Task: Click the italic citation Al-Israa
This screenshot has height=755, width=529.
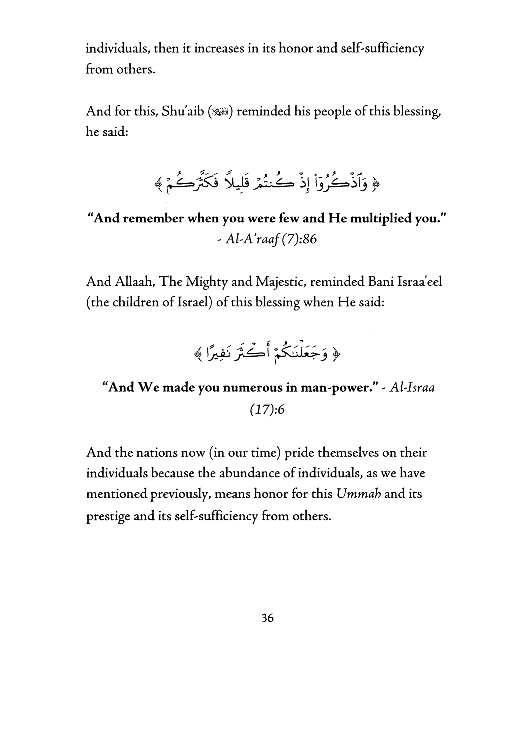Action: coord(412,388)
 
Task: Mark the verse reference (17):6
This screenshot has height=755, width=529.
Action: coord(267,409)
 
